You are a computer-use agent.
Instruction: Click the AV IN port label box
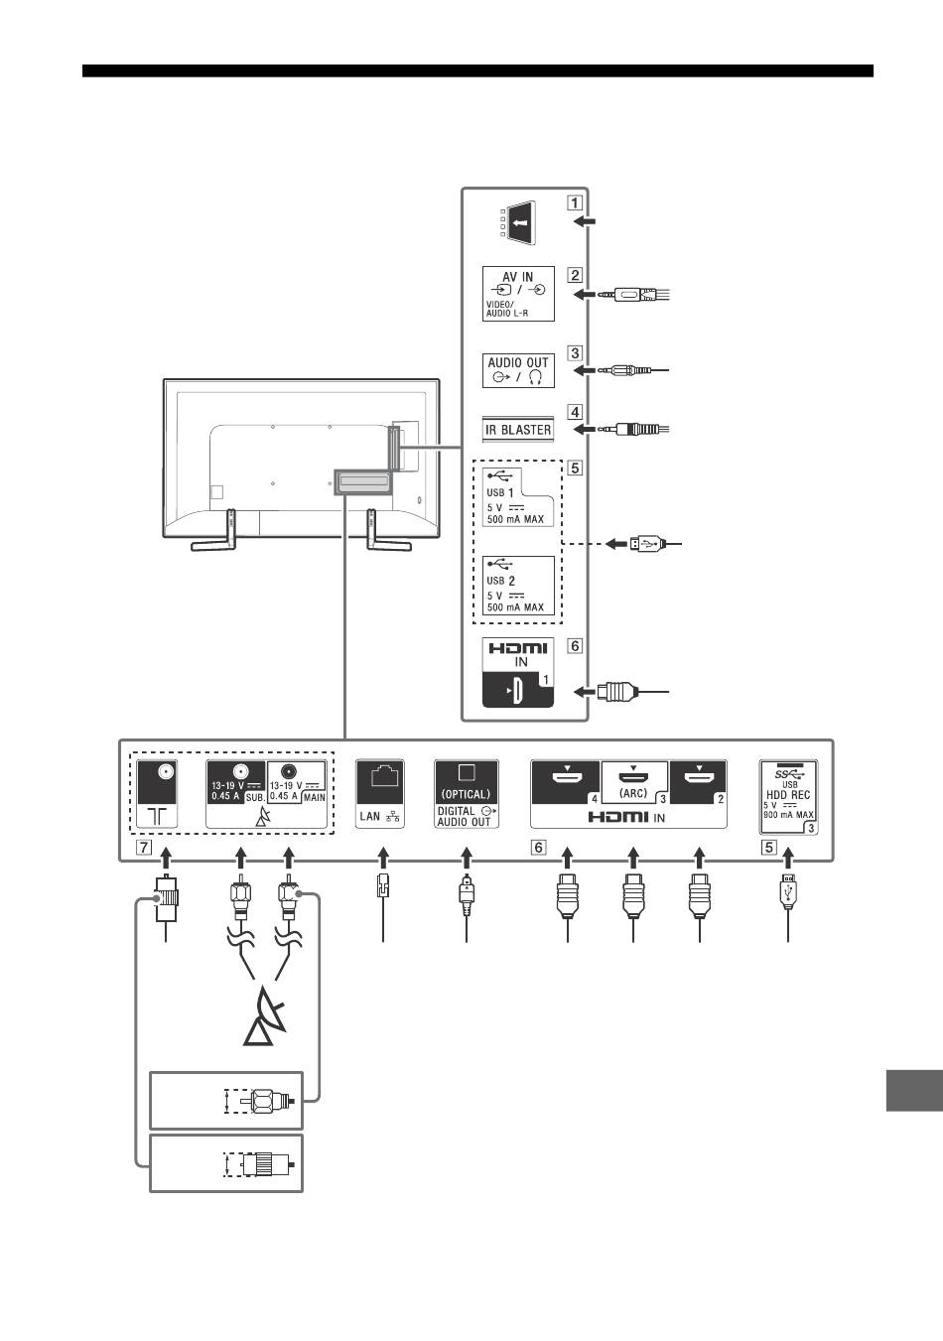[x=518, y=294]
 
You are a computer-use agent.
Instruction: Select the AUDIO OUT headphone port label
[x=518, y=370]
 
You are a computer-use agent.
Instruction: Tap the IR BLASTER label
[x=518, y=429]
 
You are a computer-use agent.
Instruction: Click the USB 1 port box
[x=518, y=497]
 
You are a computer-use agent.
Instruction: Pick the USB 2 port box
[x=518, y=586]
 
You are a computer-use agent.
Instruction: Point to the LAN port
[x=379, y=794]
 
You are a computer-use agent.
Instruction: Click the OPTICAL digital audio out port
[x=467, y=794]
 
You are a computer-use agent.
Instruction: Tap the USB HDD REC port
[x=788, y=797]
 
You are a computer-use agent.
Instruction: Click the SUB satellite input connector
[x=236, y=782]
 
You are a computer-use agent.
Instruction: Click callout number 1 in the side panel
[x=574, y=202]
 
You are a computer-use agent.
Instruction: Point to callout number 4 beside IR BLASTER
[x=574, y=412]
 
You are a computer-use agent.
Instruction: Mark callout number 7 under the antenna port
[x=144, y=847]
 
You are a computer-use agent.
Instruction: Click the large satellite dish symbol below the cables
[x=265, y=1016]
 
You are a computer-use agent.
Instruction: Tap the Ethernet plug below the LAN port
[x=382, y=884]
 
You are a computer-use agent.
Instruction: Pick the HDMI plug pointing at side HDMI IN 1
[x=615, y=692]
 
